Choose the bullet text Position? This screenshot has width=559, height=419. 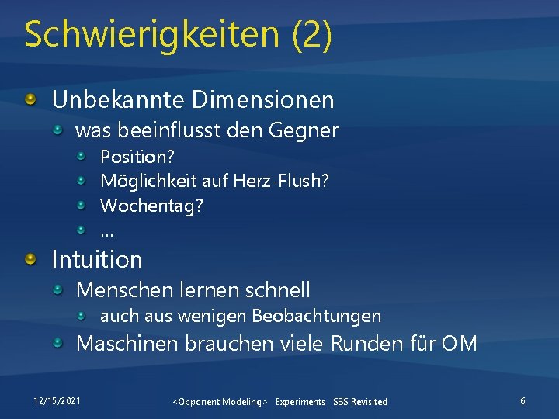(x=137, y=157)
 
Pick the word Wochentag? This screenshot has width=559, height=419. (x=152, y=207)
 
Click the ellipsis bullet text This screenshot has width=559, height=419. (x=107, y=230)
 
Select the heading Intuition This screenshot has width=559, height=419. (x=97, y=259)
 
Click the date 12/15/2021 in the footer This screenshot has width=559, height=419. (x=56, y=400)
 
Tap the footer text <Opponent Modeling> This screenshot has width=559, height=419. (x=220, y=402)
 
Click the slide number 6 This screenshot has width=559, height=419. (x=523, y=400)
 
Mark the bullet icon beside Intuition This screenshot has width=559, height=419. (x=30, y=258)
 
